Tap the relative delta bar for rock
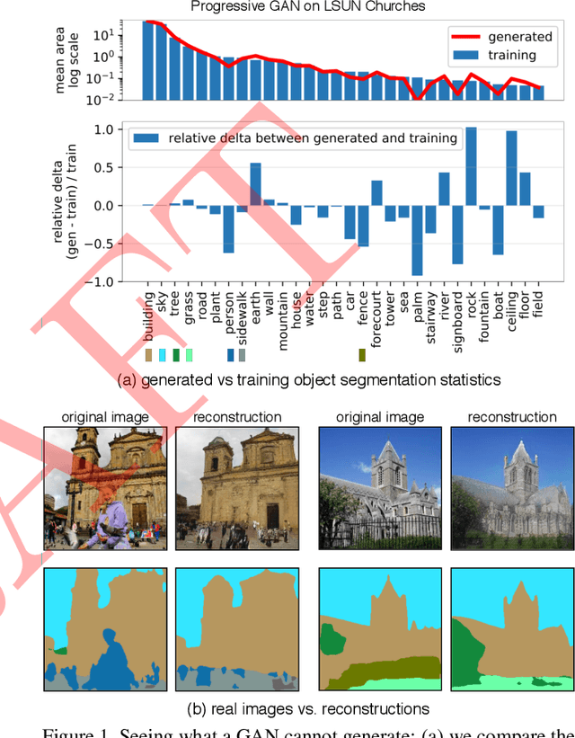(471, 167)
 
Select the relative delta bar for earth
(255, 184)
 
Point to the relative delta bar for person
(228, 229)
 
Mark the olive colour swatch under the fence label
(362, 355)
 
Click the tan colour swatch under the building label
(148, 355)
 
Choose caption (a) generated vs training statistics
(309, 379)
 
